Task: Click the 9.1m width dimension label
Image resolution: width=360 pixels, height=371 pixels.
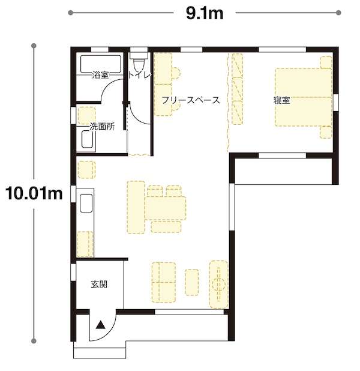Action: [205, 13]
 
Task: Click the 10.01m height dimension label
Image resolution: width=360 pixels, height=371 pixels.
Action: [34, 193]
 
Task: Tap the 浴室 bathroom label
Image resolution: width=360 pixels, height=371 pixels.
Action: [101, 75]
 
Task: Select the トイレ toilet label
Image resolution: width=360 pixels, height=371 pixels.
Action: [140, 75]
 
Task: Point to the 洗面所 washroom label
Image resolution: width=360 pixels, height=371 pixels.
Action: [102, 127]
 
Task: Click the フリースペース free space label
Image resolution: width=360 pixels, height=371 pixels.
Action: [191, 100]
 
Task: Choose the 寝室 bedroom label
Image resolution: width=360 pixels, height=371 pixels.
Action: [282, 100]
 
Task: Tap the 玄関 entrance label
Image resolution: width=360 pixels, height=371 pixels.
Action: [99, 284]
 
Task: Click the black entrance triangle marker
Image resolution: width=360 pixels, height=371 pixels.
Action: [101, 325]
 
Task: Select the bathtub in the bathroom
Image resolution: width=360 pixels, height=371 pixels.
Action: [101, 64]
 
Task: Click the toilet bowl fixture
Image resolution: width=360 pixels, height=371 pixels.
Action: [139, 64]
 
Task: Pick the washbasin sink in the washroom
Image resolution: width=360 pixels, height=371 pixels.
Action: [88, 139]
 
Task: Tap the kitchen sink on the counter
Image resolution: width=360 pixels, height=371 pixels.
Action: [86, 203]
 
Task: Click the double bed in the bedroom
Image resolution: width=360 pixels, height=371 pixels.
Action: [304, 97]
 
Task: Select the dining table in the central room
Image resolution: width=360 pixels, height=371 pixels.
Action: [166, 208]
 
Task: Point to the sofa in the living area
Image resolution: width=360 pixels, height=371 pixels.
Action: [164, 282]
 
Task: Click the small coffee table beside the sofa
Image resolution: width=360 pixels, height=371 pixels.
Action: [192, 282]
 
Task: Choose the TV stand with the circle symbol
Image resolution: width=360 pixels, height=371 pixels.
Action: [219, 285]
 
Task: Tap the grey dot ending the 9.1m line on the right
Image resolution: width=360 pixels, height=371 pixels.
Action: [338, 13]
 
